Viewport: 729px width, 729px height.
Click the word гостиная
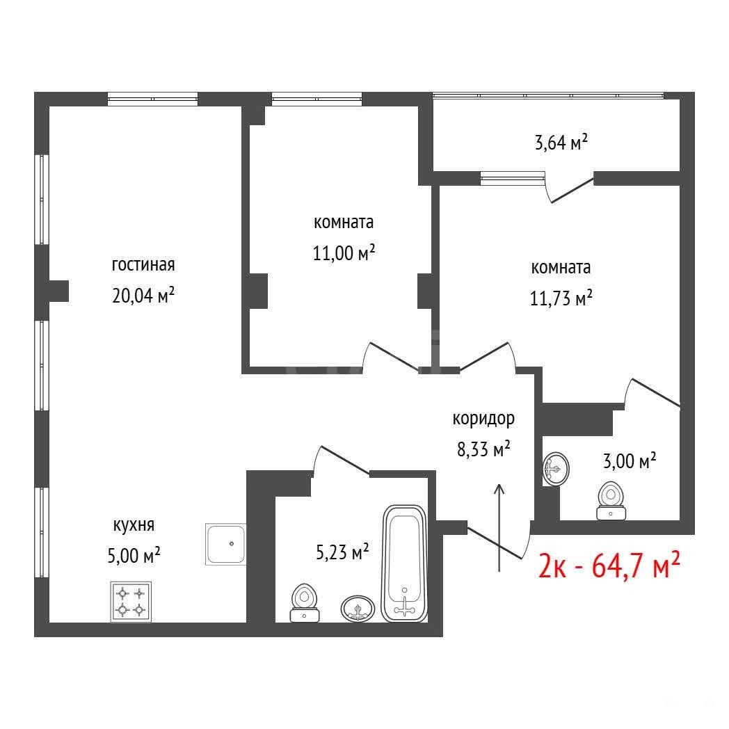143,265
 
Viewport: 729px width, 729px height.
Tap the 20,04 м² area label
143,295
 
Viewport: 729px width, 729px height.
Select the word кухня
134,525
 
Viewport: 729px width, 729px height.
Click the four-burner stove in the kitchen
131,602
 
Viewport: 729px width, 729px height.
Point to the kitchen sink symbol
225,544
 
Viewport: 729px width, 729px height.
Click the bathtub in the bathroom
404,563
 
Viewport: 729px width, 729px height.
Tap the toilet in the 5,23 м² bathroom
305,603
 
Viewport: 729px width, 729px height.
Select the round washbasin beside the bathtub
358,608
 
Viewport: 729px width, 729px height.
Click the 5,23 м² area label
343,552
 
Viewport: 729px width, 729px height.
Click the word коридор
483,419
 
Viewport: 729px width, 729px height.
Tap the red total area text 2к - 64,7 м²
609,566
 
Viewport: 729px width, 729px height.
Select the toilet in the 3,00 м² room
611,501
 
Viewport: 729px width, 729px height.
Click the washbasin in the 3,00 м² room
556,469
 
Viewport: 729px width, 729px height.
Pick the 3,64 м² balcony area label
561,143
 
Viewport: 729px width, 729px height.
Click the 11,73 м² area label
561,298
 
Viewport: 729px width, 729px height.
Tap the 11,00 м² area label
344,253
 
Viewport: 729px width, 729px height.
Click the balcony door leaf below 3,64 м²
572,190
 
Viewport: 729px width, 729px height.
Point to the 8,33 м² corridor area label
483,449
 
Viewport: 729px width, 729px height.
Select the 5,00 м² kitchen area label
134,555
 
